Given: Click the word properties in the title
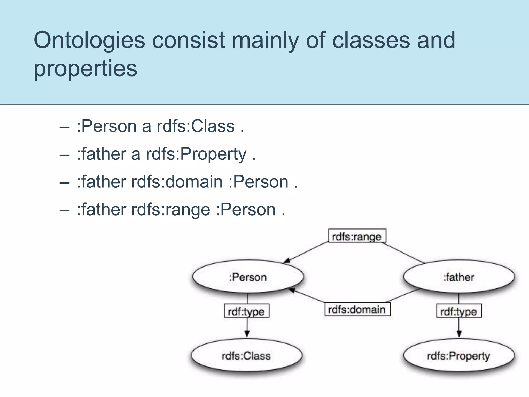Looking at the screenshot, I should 85,68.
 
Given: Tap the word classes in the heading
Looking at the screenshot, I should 371,40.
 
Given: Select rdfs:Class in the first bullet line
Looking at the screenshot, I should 196,126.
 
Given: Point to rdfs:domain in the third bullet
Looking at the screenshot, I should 177,182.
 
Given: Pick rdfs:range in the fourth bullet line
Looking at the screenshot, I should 170,210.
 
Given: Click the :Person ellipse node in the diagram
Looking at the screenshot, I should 248,277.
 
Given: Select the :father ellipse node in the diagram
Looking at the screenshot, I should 459,277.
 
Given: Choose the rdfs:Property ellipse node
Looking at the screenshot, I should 458,356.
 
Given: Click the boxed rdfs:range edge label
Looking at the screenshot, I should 357,236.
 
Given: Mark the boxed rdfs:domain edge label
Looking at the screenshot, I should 357,309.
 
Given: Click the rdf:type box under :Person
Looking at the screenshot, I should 246,311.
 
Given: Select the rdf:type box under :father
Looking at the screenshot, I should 459,311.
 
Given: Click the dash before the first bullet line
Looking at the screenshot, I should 64,127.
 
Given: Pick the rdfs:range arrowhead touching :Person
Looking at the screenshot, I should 287,261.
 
